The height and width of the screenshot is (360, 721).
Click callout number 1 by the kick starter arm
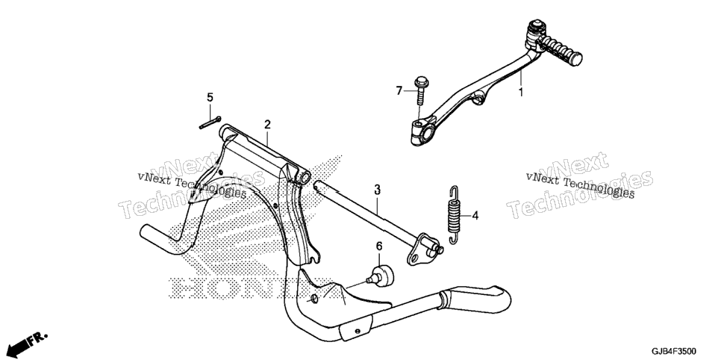(x=521, y=92)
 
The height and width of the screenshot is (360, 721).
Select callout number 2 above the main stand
(x=267, y=124)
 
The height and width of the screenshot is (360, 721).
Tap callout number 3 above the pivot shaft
(x=377, y=189)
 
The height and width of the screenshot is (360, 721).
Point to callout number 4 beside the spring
(x=475, y=215)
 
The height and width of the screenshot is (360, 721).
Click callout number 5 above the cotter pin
(x=210, y=97)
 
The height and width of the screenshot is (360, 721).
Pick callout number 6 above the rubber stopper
(x=379, y=246)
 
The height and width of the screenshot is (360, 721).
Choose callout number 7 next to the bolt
(x=399, y=90)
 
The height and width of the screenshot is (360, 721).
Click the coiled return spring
(x=455, y=215)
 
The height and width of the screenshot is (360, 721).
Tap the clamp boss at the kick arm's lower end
(x=423, y=131)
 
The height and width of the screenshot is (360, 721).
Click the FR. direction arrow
(x=28, y=344)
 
